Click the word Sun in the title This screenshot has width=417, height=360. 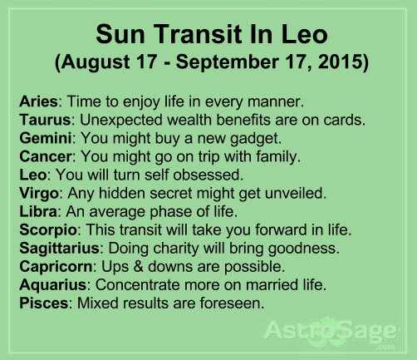tap(120, 34)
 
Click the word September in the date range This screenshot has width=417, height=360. tap(228, 62)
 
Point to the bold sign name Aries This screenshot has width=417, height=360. tap(38, 101)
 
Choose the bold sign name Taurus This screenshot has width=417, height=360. tap(45, 120)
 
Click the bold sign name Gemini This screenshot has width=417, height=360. tap(46, 138)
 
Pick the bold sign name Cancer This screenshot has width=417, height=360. tap(46, 156)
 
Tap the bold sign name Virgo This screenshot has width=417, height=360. tap(39, 194)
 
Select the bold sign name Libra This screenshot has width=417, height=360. tap(38, 211)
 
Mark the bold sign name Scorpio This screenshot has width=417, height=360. tap(48, 230)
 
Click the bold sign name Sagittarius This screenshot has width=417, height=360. tap(59, 249)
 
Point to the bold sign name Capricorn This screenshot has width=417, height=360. tap(56, 267)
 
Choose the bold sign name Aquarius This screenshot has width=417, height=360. tap(53, 285)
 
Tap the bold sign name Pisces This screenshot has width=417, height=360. tap(44, 303)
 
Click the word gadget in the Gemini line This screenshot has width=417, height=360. tap(256, 139)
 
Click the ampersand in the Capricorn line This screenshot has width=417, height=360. tap(138, 267)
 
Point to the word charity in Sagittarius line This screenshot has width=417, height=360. tap(176, 249)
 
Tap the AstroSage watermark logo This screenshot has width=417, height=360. tap(331, 331)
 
